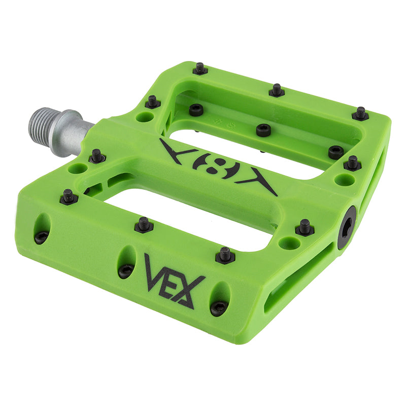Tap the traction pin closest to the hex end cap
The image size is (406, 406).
point(304,227)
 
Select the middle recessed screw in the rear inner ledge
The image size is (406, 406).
point(263,130)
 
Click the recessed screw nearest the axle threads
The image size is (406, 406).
point(196,109)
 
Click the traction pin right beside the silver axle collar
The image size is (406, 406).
point(97,155)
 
